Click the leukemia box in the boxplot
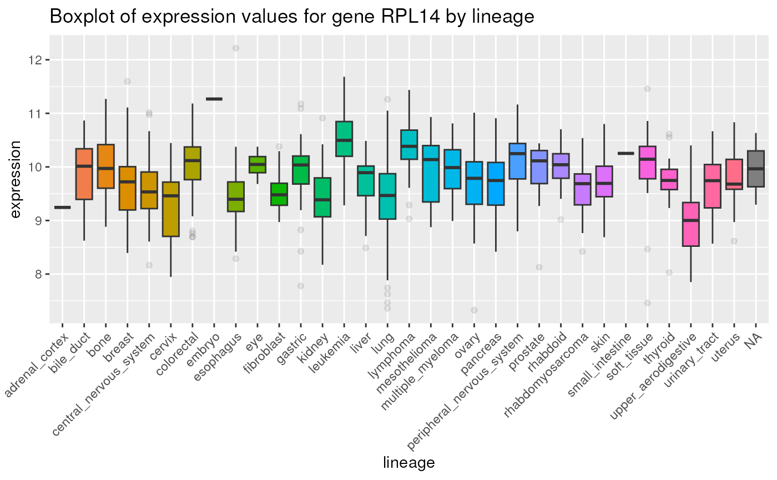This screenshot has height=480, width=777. (x=344, y=139)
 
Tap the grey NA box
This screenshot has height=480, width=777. (x=756, y=169)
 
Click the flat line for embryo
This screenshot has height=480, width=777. (x=214, y=99)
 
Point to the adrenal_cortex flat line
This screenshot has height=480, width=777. (x=62, y=207)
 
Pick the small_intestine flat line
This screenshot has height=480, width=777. (x=626, y=153)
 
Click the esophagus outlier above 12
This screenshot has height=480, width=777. (x=236, y=48)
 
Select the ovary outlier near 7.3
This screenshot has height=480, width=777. (x=474, y=310)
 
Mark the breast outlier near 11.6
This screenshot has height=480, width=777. (x=127, y=82)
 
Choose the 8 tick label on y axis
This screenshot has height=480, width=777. (x=38, y=274)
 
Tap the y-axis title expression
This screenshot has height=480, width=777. (x=16, y=179)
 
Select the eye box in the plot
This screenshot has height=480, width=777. (x=258, y=165)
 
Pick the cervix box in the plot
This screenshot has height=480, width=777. (x=170, y=209)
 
